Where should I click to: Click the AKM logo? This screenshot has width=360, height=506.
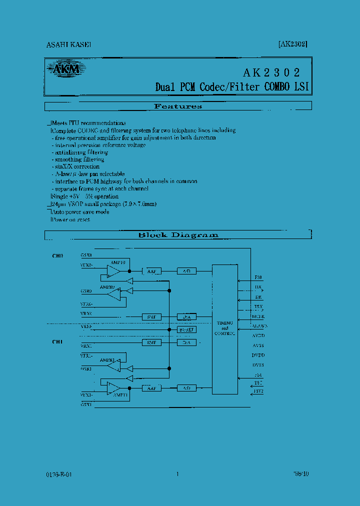click(63, 69)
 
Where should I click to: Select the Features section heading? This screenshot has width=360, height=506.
click(178, 106)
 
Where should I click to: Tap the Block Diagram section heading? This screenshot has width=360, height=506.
click(178, 234)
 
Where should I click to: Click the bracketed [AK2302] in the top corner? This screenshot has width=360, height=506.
click(292, 44)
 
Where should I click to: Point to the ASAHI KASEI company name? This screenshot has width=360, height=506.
click(68, 44)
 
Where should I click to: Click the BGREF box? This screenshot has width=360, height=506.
click(187, 330)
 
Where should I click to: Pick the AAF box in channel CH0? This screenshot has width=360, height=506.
click(151, 271)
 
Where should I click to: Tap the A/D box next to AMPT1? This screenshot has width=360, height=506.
click(187, 387)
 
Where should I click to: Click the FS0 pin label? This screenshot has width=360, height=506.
click(258, 277)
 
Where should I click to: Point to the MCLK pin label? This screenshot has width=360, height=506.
click(258, 316)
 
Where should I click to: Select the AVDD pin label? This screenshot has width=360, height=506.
click(258, 335)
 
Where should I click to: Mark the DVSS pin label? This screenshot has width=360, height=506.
click(258, 365)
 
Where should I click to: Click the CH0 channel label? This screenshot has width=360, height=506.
click(58, 256)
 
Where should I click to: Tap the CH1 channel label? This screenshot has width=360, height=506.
click(58, 342)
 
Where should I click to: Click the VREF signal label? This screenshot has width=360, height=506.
click(86, 326)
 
